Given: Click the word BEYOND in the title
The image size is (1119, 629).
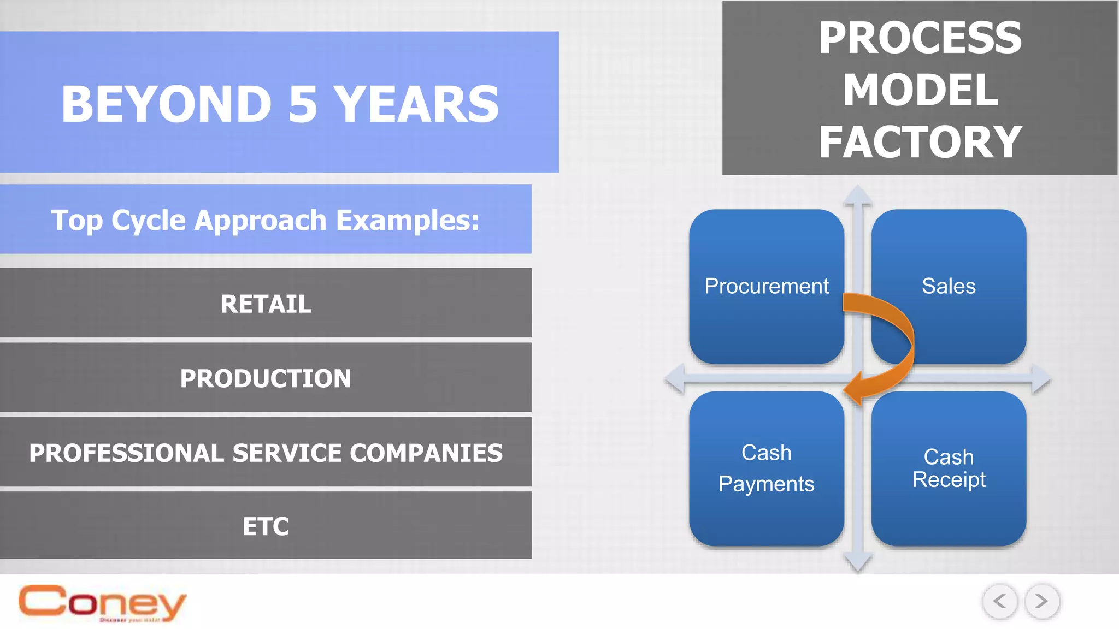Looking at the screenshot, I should click(166, 104).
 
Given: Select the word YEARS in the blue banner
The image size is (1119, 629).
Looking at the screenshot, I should click(416, 104).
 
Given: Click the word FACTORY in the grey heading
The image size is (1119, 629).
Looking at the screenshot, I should click(920, 142).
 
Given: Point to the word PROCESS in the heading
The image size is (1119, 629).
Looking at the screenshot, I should click(920, 38).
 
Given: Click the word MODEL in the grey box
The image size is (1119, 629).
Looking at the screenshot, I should click(920, 90).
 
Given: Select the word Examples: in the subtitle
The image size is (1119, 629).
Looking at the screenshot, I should click(407, 220).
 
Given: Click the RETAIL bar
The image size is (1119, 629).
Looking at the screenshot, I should click(266, 304).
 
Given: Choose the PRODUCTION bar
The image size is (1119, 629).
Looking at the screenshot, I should click(266, 378).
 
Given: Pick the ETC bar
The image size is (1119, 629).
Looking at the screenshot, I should click(266, 526).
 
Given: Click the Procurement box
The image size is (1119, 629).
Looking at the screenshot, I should click(766, 286).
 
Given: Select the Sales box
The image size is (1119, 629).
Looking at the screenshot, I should click(949, 286).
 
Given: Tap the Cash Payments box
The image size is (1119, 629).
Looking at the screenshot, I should click(766, 468).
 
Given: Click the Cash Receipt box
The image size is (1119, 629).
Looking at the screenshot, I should click(949, 468).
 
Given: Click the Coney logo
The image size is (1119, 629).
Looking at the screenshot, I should click(102, 603).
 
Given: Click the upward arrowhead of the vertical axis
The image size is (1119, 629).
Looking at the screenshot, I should click(857, 195).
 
